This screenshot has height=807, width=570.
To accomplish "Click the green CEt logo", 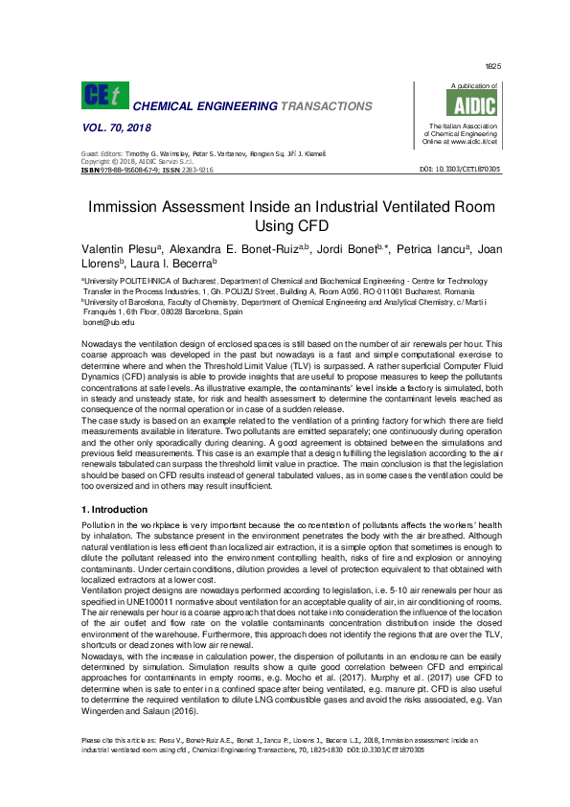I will pos(104,95).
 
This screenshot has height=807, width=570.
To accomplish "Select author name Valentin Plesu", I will pos(114,250).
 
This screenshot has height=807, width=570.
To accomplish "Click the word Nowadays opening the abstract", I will pos(102,342).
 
